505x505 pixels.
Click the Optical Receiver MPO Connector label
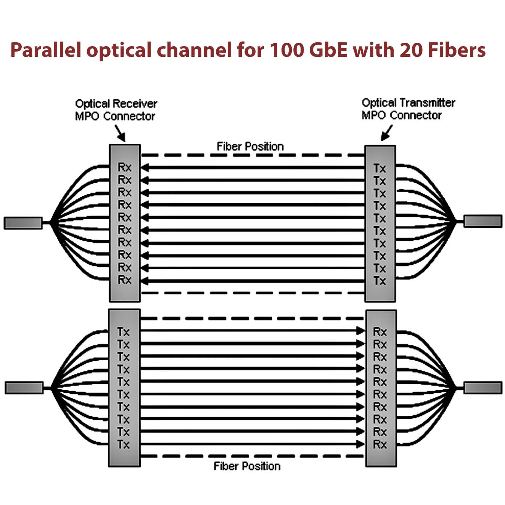[116, 110]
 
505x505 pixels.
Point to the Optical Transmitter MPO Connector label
[408, 109]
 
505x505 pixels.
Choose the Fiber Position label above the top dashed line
[250, 146]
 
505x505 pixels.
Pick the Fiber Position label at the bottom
[247, 466]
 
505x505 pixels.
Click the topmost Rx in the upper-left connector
[124, 167]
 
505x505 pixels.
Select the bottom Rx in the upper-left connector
[124, 280]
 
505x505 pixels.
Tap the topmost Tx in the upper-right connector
[380, 168]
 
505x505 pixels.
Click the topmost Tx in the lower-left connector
[123, 332]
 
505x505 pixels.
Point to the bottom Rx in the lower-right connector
[380, 444]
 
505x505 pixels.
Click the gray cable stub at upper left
[23, 223]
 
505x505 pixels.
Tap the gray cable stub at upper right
[482, 221]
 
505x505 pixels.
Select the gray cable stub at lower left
[24, 388]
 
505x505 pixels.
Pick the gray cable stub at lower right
[482, 388]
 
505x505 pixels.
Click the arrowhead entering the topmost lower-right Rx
[360, 331]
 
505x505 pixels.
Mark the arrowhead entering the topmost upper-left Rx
[145, 167]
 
